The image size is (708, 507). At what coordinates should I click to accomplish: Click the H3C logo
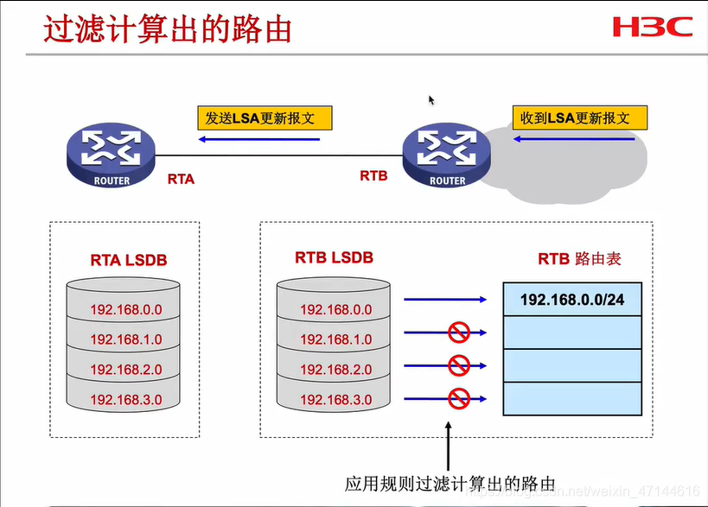(x=653, y=26)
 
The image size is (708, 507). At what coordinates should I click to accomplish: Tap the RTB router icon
(x=447, y=155)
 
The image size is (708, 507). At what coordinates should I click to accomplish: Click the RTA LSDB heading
(x=128, y=258)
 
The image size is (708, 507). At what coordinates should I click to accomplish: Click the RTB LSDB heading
(x=334, y=257)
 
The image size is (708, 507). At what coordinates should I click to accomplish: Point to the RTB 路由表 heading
(x=579, y=258)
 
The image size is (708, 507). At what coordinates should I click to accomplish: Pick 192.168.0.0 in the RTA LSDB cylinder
(x=126, y=309)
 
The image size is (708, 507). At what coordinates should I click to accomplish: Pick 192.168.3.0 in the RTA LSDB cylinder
(x=126, y=399)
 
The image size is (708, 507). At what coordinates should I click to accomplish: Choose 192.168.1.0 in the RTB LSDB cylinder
(x=336, y=339)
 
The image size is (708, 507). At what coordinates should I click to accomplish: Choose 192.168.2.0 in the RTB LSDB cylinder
(x=336, y=370)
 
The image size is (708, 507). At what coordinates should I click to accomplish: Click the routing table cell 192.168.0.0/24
(x=571, y=299)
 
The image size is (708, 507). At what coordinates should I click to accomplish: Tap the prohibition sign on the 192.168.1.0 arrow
(x=457, y=332)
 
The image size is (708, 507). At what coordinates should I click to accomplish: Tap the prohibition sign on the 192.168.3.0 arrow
(x=457, y=398)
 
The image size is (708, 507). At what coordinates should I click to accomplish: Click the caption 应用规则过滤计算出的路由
(x=449, y=483)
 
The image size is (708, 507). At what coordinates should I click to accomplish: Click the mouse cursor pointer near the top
(x=431, y=100)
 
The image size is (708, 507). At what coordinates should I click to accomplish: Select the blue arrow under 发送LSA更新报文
(x=258, y=139)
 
